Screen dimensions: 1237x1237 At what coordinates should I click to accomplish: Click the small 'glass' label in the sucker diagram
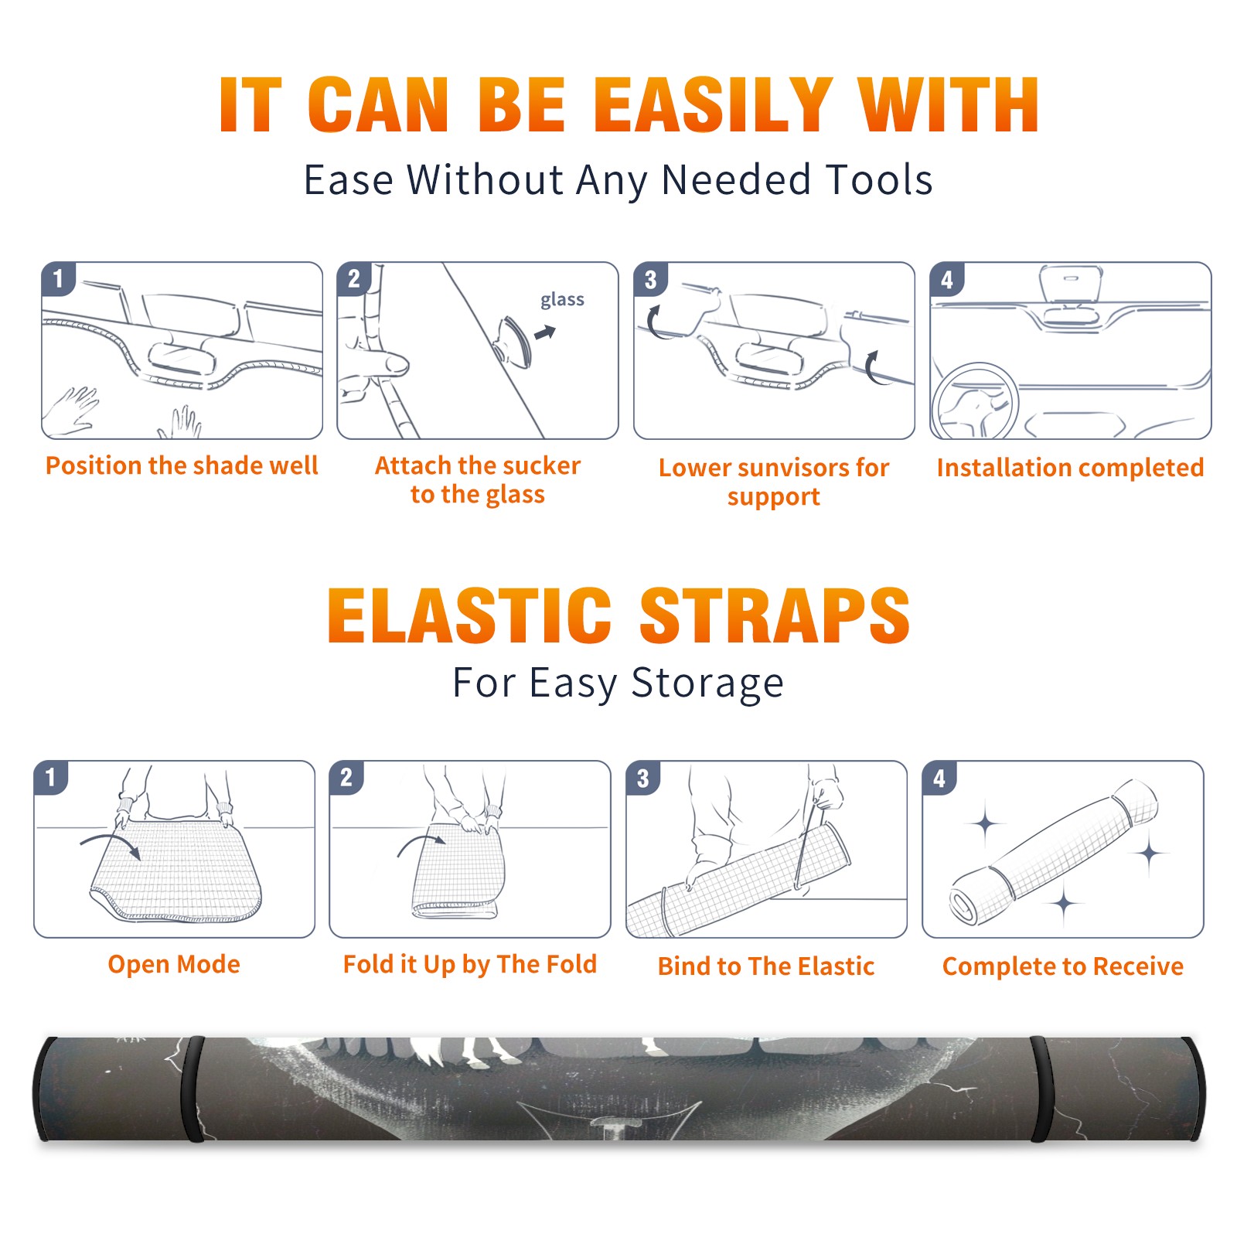(x=562, y=299)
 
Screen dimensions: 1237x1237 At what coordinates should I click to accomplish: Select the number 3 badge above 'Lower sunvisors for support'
(x=651, y=280)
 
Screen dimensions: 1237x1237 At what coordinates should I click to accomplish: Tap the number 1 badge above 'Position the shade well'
(x=59, y=279)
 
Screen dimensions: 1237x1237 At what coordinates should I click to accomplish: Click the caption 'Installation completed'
(x=1070, y=467)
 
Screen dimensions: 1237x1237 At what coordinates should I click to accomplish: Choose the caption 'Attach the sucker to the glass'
(x=478, y=479)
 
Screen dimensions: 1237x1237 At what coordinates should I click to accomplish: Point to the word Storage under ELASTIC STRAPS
(x=707, y=683)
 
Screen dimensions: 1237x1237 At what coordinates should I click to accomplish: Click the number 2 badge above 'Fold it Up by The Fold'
(x=346, y=778)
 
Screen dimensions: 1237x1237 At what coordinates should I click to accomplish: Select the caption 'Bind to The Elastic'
(x=766, y=966)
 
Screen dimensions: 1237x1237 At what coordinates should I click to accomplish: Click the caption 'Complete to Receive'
(x=1063, y=966)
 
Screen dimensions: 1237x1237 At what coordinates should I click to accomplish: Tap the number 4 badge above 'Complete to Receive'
(x=939, y=778)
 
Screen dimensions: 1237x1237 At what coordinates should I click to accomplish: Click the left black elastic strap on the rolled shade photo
(x=192, y=1089)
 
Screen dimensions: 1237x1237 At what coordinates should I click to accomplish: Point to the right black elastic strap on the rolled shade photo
(x=1041, y=1089)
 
